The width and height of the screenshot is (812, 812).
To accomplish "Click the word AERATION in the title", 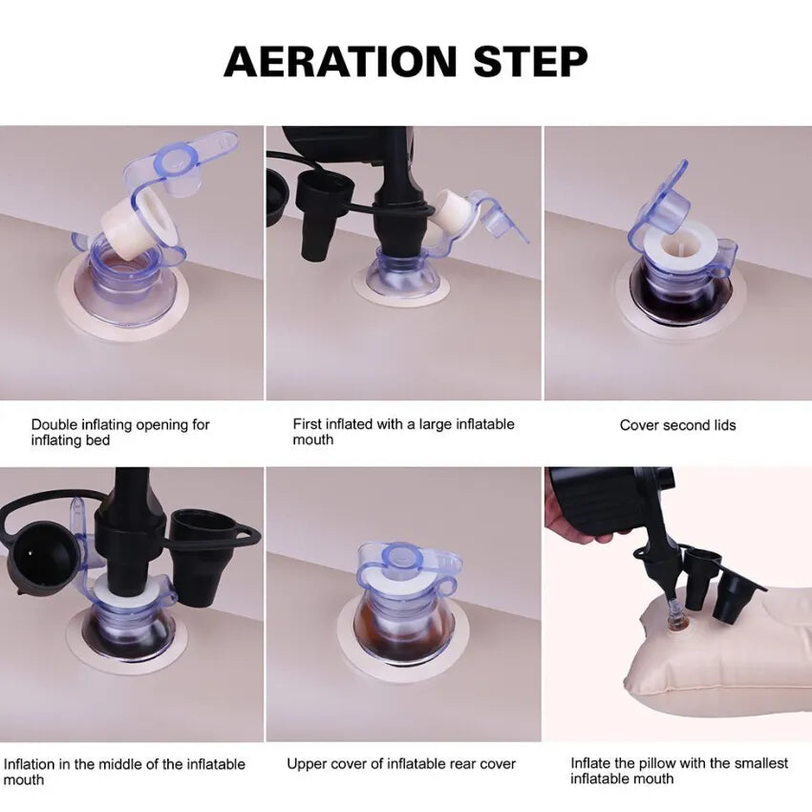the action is (340, 62).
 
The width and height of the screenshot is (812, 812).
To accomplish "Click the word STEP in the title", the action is (530, 62).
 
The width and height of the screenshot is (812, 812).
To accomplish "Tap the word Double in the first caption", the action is (54, 425).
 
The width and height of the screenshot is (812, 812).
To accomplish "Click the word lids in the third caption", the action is (724, 425).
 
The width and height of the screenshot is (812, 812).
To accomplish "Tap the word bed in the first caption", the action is (97, 440).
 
